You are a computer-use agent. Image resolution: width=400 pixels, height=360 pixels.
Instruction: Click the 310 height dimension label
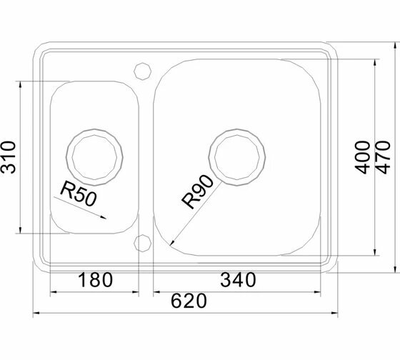coord(8,157)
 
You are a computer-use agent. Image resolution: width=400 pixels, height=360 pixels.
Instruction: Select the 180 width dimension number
coord(95,280)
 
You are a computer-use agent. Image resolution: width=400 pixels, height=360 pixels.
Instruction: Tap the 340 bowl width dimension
coord(238,280)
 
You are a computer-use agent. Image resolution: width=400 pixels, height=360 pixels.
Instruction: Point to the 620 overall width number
coord(189,301)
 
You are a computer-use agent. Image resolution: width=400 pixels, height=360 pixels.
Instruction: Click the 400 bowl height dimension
coord(363,157)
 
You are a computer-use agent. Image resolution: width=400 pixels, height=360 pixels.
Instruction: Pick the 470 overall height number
coord(383,157)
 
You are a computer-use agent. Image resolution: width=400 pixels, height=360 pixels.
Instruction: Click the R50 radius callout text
coord(79,193)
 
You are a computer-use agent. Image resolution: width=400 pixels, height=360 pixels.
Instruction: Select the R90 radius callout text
coord(197,191)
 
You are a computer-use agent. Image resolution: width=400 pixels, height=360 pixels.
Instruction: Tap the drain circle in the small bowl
coord(94,129)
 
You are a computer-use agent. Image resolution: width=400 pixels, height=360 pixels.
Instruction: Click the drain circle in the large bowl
coord(236,129)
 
